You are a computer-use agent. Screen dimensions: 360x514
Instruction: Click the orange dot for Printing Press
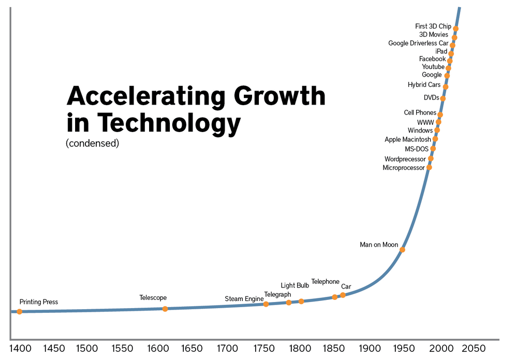coord(20,311)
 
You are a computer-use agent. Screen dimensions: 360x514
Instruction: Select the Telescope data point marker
coord(165,309)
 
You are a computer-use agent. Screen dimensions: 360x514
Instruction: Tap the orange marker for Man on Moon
coord(402,250)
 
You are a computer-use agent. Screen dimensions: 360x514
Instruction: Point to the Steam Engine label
coord(244,299)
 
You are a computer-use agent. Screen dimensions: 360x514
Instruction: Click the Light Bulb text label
coord(295,285)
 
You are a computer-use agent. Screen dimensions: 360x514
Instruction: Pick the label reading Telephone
coord(325,282)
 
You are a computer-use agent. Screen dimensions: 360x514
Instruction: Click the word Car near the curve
coord(346,286)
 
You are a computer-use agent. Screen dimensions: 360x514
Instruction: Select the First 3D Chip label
coord(433,26)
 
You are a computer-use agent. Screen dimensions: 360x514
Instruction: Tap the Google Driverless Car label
coord(418,43)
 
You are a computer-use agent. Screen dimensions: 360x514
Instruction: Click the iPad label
coord(441,51)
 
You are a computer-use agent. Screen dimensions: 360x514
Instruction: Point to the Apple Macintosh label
coord(407,139)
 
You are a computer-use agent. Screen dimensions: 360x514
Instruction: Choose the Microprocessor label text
coord(403,168)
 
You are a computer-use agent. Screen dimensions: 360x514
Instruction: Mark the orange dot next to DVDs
coord(443,98)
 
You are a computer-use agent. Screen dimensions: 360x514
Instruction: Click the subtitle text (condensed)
coord(92,143)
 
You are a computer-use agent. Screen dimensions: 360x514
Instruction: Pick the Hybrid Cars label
coord(423,85)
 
